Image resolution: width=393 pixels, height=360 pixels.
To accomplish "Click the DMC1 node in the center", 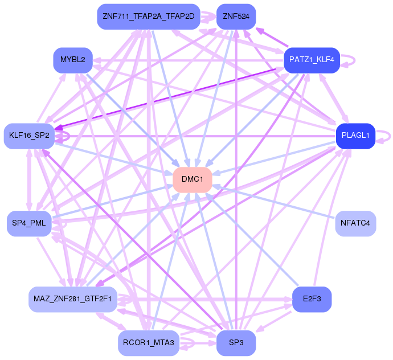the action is click(193, 180).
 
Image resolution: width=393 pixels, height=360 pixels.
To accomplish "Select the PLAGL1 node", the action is click(355, 136).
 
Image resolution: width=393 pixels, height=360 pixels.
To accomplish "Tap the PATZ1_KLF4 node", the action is click(312, 60).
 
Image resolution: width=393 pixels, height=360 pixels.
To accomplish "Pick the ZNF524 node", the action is click(236, 17).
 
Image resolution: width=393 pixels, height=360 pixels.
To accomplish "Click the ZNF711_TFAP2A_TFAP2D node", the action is click(149, 17).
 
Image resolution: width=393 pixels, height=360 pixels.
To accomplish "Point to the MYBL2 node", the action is click(73, 60).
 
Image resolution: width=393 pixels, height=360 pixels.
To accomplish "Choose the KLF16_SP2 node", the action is click(29, 136).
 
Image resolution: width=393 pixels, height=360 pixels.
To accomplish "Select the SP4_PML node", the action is click(29, 223).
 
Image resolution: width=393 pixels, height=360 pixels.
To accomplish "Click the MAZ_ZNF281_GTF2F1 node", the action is click(73, 299).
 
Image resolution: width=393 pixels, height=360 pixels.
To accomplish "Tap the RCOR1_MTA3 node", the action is click(149, 343).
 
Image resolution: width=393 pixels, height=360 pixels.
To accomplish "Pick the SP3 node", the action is click(236, 343).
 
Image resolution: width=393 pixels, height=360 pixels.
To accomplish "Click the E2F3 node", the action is click(312, 299).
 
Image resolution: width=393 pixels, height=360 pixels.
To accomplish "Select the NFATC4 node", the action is click(355, 223).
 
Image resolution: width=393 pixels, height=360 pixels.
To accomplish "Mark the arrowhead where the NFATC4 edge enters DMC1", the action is click(215, 187).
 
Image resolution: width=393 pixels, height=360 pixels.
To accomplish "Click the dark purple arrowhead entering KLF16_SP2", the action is click(59, 128).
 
